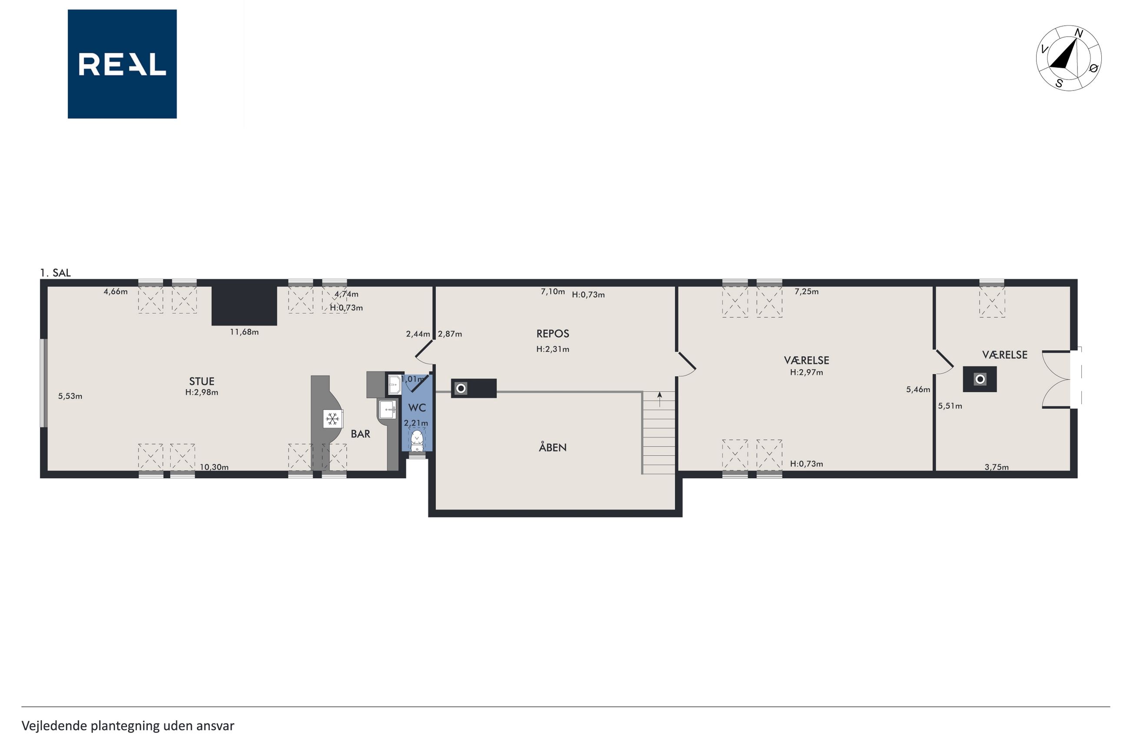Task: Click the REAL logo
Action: [x=122, y=64]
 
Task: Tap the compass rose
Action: [x=1069, y=58]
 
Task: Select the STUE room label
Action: [x=202, y=381]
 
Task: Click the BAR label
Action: [x=360, y=434]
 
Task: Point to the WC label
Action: [x=417, y=408]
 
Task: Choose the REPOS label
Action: [x=553, y=334]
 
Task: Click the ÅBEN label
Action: [x=553, y=447]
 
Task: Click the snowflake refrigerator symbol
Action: [x=332, y=419]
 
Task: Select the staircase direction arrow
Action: [x=659, y=399]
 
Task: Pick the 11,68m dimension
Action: [x=244, y=332]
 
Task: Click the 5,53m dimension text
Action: [x=70, y=396]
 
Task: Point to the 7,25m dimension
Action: [x=806, y=292]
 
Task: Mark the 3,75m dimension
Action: [x=997, y=467]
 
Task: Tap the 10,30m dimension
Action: [x=214, y=467]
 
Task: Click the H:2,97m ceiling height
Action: [x=806, y=372]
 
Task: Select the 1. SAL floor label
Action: [x=55, y=273]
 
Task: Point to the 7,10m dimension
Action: [x=553, y=292]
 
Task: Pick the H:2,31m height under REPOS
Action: [x=553, y=349]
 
